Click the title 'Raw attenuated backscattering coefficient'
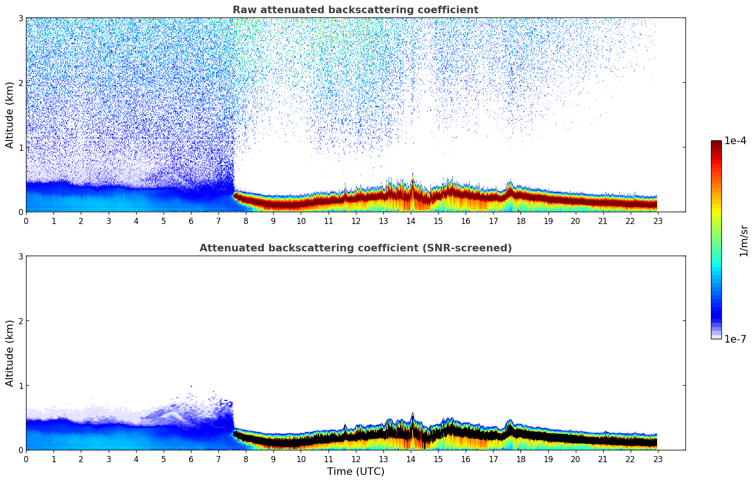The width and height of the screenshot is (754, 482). tap(355, 10)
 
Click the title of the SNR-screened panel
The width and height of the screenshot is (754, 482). tap(355, 248)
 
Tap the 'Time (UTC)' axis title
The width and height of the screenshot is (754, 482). tap(355, 472)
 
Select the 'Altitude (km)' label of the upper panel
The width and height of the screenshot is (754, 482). tap(9, 115)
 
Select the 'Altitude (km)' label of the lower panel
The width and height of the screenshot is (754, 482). tap(9, 353)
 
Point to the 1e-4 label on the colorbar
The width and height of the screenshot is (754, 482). tap(735, 141)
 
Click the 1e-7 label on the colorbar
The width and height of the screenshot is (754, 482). tap(735, 339)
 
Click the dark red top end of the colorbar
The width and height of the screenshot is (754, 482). tap(716, 142)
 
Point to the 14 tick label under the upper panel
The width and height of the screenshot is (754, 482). tap(411, 221)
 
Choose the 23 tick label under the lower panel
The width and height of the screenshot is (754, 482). tap(658, 459)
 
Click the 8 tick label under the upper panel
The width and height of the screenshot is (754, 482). tap(246, 221)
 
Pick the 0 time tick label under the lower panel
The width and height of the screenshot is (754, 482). tap(26, 459)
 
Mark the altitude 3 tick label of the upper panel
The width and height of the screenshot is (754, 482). tap(20, 18)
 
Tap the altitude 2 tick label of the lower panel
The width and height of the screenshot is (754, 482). tap(20, 321)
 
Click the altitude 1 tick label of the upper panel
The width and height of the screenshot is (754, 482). tap(20, 147)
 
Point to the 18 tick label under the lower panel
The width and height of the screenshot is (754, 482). tap(521, 459)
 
